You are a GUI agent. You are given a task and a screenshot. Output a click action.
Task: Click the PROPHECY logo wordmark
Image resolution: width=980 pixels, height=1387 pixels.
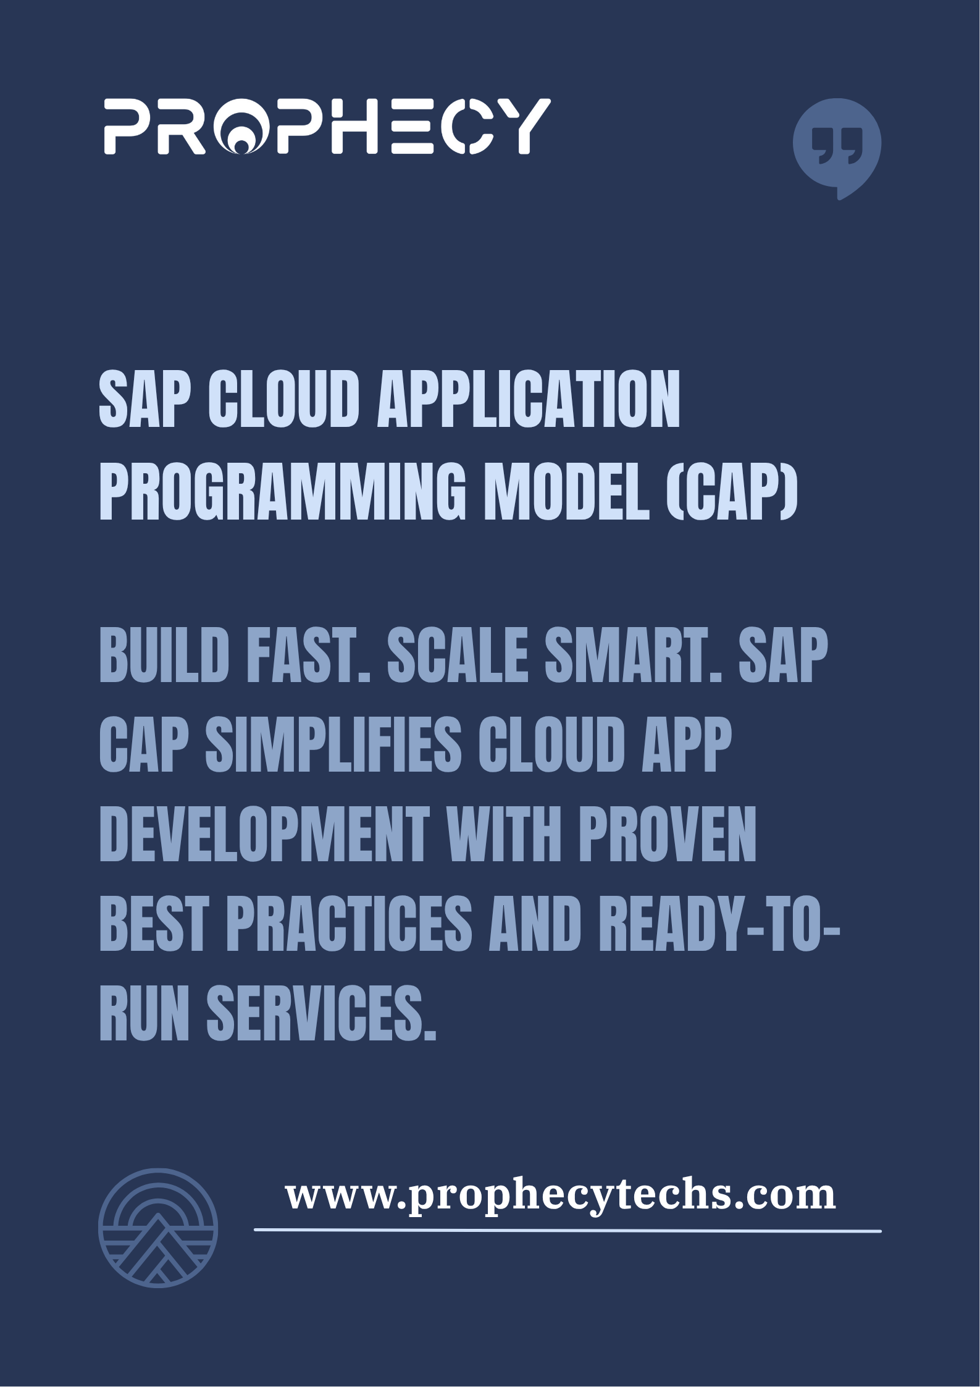(x=327, y=125)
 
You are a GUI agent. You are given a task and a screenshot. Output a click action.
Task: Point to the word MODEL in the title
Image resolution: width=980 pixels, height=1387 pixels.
(x=567, y=489)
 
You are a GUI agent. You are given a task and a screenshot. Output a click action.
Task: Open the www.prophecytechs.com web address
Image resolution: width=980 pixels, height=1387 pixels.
(x=561, y=1195)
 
